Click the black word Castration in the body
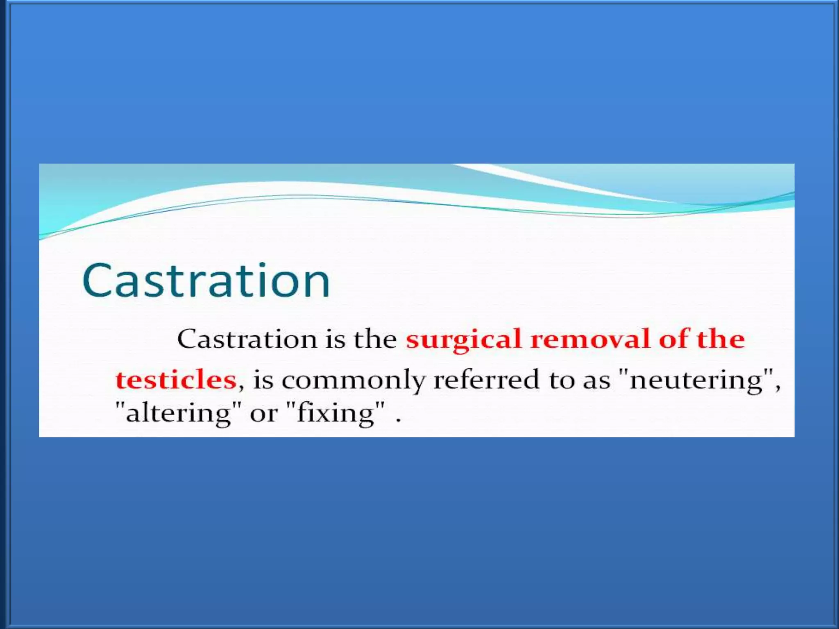(x=247, y=339)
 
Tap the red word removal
(x=590, y=339)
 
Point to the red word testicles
(x=176, y=380)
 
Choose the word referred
(x=486, y=380)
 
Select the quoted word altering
(x=178, y=413)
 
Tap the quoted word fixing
(x=336, y=413)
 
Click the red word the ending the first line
(x=721, y=339)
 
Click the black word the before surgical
(x=375, y=339)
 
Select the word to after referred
(x=562, y=380)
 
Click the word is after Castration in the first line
(x=336, y=339)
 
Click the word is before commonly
(x=263, y=380)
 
